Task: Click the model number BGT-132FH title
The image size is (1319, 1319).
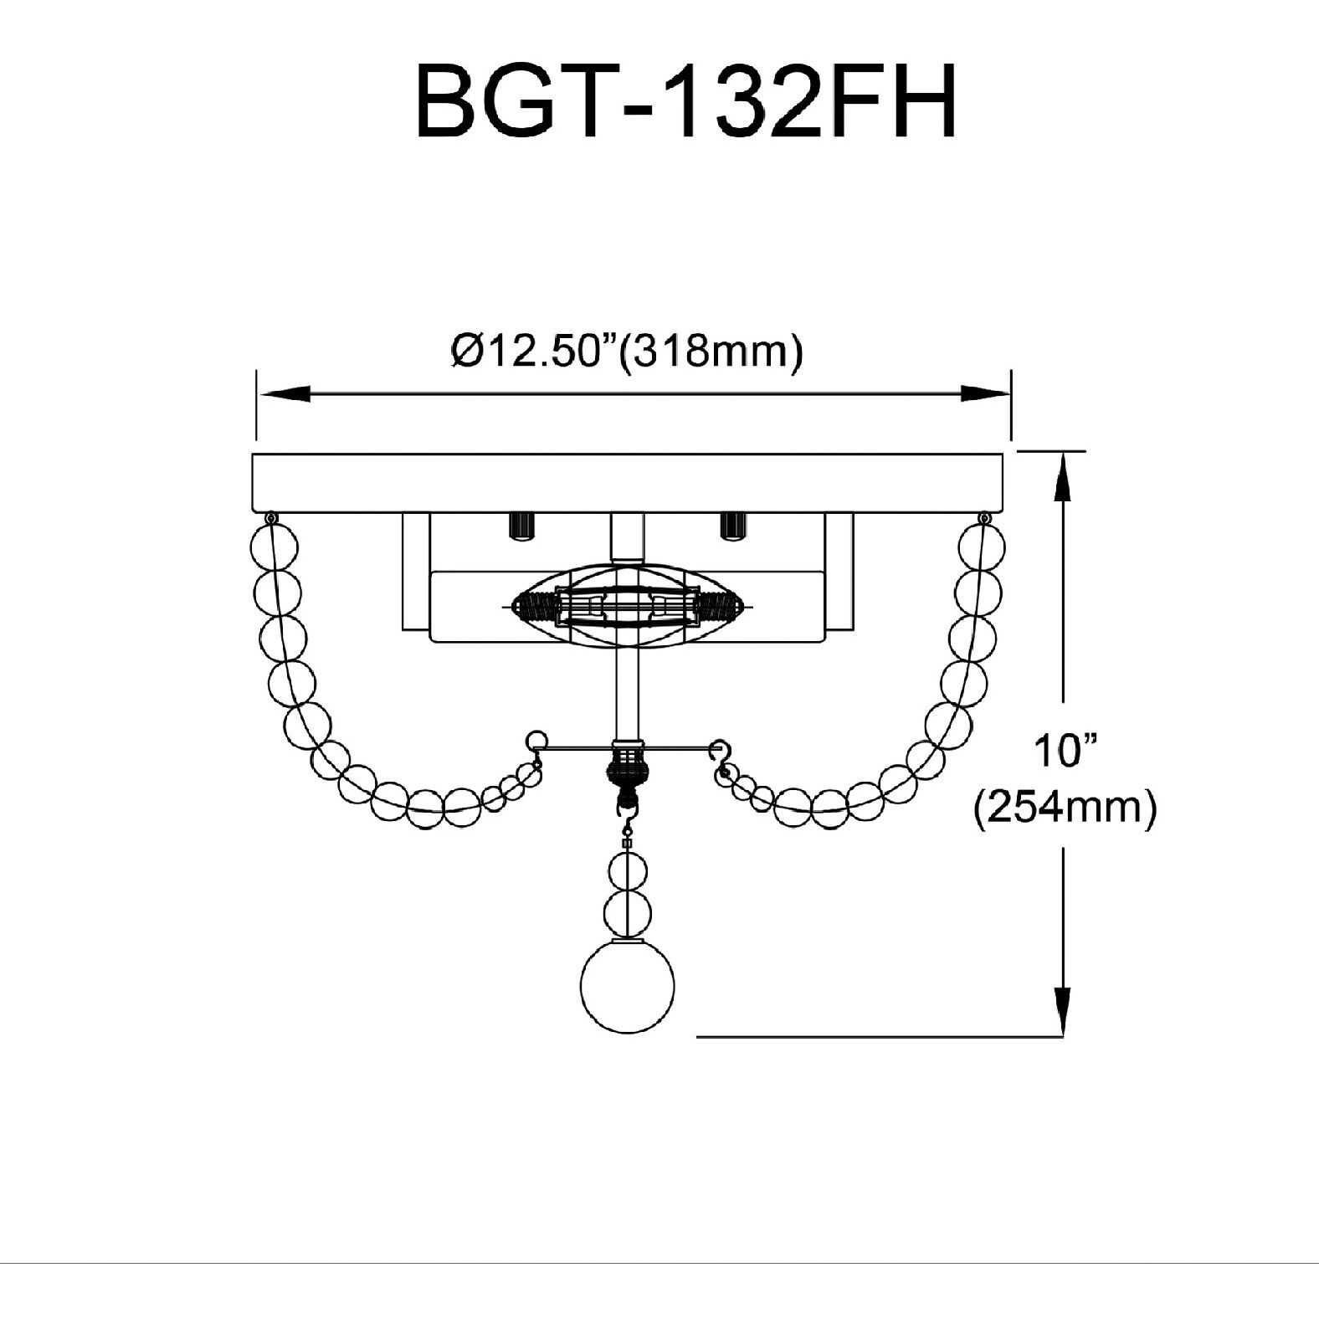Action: (x=685, y=104)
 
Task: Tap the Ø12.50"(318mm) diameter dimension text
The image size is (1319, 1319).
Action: (x=627, y=351)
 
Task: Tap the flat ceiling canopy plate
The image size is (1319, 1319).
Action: (x=627, y=483)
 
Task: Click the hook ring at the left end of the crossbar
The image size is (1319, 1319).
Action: (x=536, y=742)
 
